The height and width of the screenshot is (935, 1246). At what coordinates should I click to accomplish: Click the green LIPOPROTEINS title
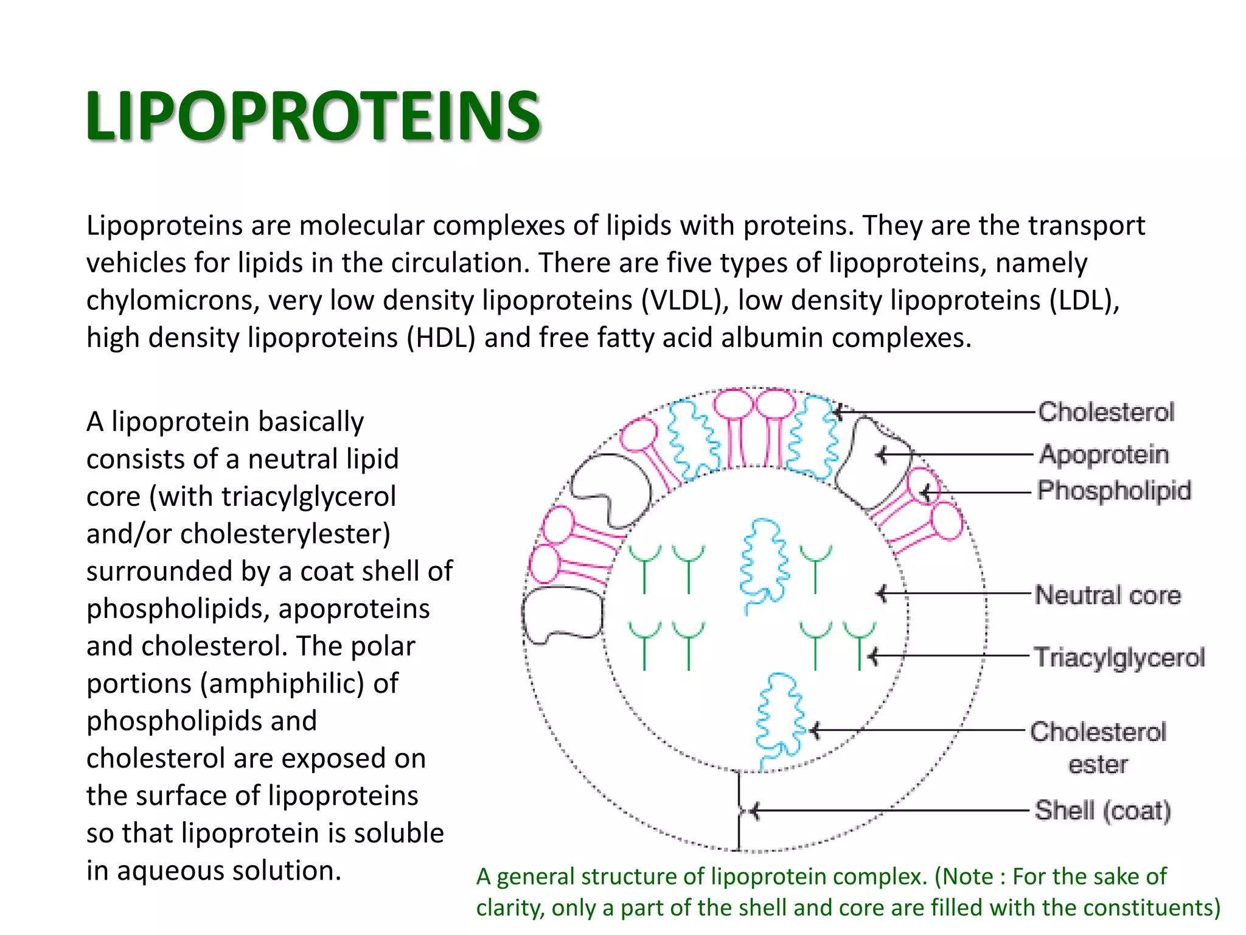[x=313, y=116]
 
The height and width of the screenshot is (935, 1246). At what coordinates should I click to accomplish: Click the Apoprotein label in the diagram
[x=1104, y=455]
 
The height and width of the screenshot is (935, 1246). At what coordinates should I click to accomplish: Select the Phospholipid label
[x=1114, y=491]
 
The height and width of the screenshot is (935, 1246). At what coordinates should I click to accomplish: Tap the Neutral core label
[x=1108, y=595]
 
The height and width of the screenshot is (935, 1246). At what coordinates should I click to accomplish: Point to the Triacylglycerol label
[x=1119, y=657]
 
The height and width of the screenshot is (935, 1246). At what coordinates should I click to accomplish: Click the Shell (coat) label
[x=1102, y=811]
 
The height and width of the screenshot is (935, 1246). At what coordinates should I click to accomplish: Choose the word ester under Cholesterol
[x=1098, y=765]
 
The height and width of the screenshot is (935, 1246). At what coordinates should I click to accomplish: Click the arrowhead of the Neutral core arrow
[x=882, y=593]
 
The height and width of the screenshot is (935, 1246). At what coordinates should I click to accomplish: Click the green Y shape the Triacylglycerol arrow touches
[x=859, y=642]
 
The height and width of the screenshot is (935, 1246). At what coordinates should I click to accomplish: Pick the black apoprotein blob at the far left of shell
[x=561, y=615]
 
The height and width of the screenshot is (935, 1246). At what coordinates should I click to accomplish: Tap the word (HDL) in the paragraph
[x=441, y=338]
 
